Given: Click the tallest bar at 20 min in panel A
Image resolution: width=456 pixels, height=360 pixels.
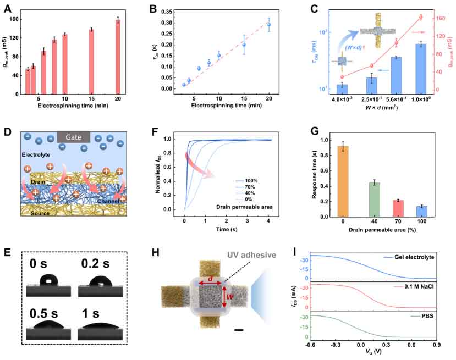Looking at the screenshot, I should click(x=117, y=57).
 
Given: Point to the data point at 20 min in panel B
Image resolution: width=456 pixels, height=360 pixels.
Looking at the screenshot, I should click(x=268, y=25).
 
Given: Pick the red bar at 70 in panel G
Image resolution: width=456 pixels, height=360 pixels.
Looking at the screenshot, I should click(x=394, y=208).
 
